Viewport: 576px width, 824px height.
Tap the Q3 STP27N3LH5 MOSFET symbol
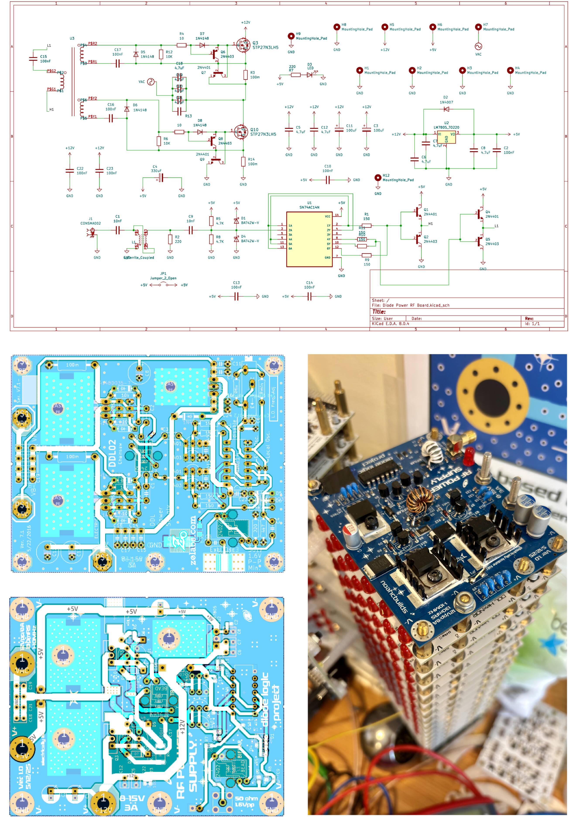243,45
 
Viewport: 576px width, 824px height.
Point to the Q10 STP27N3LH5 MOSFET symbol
241,132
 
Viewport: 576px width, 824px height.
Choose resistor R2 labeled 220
170,239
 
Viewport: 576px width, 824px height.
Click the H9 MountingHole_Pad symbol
291,36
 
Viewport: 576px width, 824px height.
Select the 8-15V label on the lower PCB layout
132,798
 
